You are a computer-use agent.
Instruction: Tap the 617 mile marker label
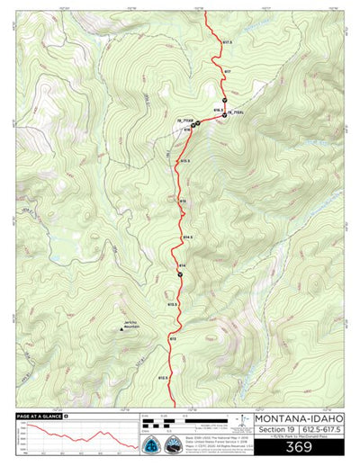pyautogui.click(x=227, y=71)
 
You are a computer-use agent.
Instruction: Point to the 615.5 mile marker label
pyautogui.click(x=184, y=161)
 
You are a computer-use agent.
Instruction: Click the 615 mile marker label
pyautogui.click(x=182, y=200)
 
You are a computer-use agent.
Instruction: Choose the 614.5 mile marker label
pyautogui.click(x=187, y=237)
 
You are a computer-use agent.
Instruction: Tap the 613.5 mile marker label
pyautogui.click(x=172, y=305)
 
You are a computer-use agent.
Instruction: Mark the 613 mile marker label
pyautogui.click(x=172, y=337)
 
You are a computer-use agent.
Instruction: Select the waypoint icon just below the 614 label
pyautogui.click(x=180, y=274)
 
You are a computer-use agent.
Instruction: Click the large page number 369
pyautogui.click(x=298, y=447)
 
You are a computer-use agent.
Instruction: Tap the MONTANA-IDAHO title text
pyautogui.click(x=298, y=418)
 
